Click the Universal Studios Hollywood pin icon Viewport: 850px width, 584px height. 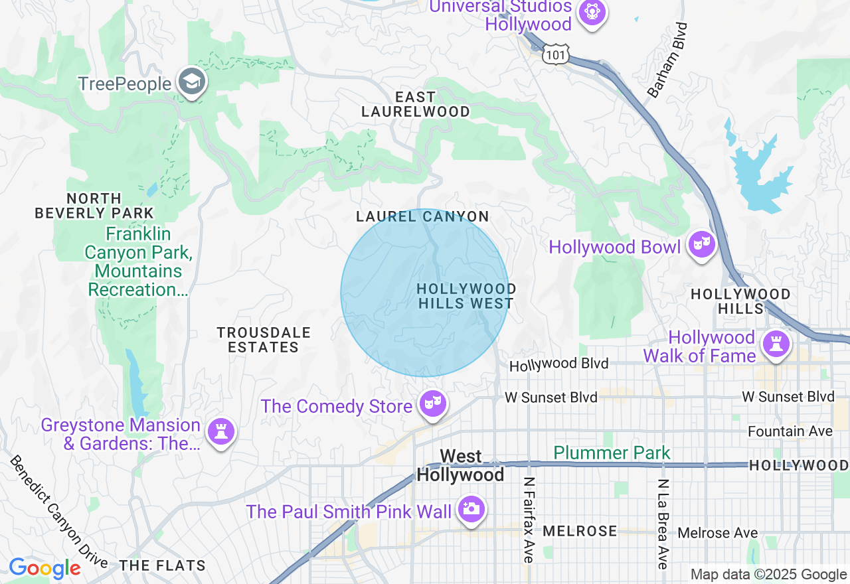point(591,12)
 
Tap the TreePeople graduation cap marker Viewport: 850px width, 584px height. point(192,82)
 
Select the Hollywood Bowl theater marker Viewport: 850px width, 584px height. point(701,246)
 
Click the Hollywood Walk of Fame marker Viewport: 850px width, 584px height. point(776,344)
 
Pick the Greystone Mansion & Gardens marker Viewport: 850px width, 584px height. point(220,432)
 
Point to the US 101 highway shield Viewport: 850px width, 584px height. point(555,54)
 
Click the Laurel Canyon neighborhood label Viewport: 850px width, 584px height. point(422,217)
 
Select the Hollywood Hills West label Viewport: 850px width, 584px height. point(466,296)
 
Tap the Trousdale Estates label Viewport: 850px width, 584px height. point(264,340)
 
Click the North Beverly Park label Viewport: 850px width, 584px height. point(94,206)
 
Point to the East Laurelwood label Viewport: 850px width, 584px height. point(416,105)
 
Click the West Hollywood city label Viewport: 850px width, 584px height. point(460,466)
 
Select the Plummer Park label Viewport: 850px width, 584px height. point(612,453)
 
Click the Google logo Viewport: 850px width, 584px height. point(44,569)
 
